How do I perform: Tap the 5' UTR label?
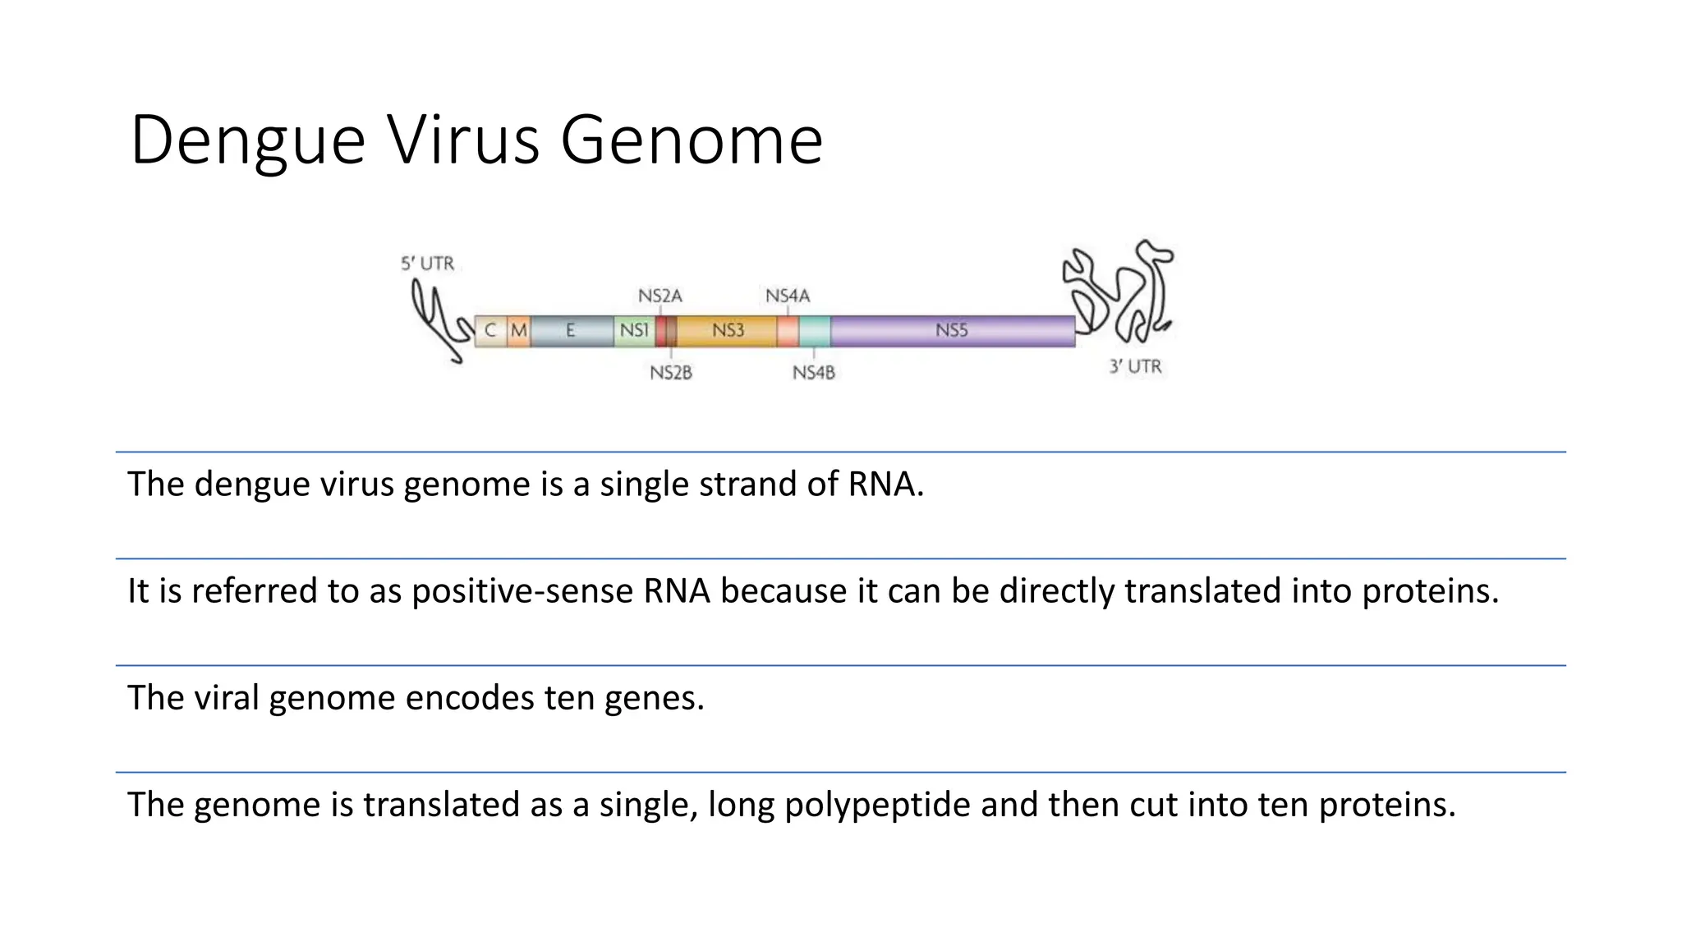pyautogui.click(x=427, y=264)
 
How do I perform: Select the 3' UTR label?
pyautogui.click(x=1135, y=366)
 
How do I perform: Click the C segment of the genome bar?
pyautogui.click(x=490, y=331)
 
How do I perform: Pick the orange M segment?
pyautogui.click(x=518, y=331)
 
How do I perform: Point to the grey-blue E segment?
pyautogui.click(x=571, y=331)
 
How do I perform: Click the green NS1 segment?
pyautogui.click(x=634, y=331)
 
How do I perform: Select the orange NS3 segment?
pyautogui.click(x=728, y=331)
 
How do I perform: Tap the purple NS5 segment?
pyautogui.click(x=952, y=331)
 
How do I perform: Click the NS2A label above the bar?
pyautogui.click(x=659, y=296)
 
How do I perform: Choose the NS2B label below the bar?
pyautogui.click(x=671, y=373)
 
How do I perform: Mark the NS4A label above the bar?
pyautogui.click(x=788, y=296)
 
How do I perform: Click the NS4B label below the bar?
pyautogui.click(x=813, y=373)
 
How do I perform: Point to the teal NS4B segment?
pyautogui.click(x=814, y=331)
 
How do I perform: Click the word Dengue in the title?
pyautogui.click(x=247, y=140)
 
